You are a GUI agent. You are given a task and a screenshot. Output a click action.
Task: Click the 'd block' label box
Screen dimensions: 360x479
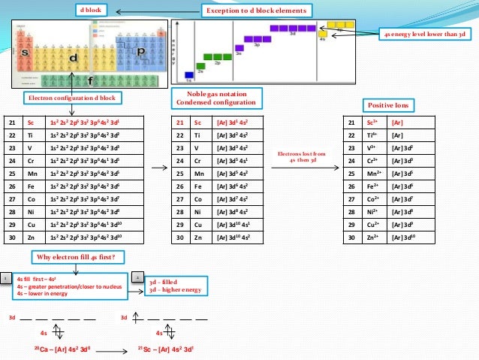[x=93, y=10]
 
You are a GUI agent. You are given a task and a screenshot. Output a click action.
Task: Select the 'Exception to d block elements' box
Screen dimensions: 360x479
[x=257, y=11]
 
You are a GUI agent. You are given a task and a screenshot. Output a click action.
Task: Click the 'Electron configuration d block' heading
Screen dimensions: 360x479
[x=62, y=98]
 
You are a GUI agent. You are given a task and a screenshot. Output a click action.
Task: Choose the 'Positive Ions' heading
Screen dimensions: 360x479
[x=387, y=104]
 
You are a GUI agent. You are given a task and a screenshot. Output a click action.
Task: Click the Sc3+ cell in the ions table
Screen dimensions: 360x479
[x=367, y=123]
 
